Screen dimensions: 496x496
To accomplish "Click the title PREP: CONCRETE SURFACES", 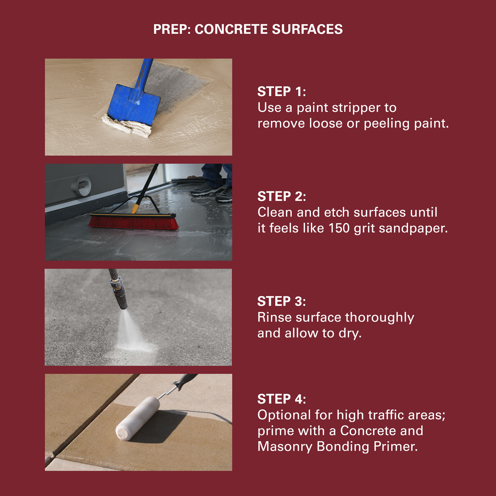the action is point(248,29).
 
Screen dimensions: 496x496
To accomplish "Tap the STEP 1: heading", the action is point(281,91).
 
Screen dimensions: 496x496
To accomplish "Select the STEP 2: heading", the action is point(281,196).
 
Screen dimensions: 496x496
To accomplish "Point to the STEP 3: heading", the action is point(281,301).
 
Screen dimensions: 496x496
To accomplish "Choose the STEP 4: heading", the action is point(281,399).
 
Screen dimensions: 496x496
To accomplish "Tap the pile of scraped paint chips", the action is point(127,126).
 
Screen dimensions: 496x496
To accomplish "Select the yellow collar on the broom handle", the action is point(135,209).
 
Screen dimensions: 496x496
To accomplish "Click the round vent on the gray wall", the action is point(81,186).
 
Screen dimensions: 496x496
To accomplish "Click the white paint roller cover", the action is point(138,418).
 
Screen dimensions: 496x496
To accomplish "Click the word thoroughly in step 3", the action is point(380,318).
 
